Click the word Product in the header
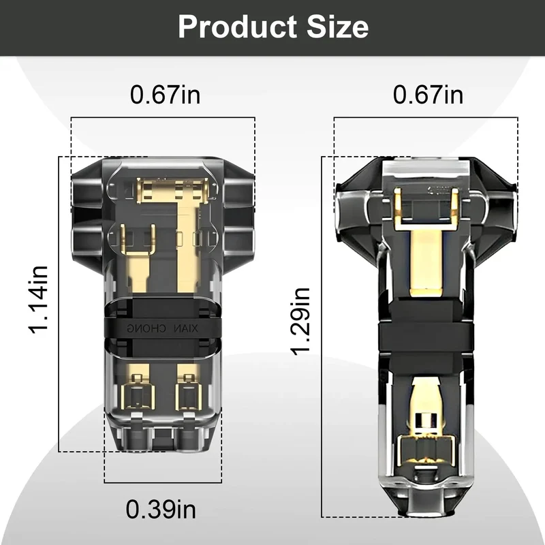(x=237, y=27)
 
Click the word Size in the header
(x=337, y=27)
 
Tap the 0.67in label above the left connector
(x=166, y=95)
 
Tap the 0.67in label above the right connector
(x=429, y=95)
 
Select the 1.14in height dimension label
(x=38, y=300)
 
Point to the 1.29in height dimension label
(x=300, y=322)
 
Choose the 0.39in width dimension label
(x=161, y=510)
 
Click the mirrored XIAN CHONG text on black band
(x=162, y=328)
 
